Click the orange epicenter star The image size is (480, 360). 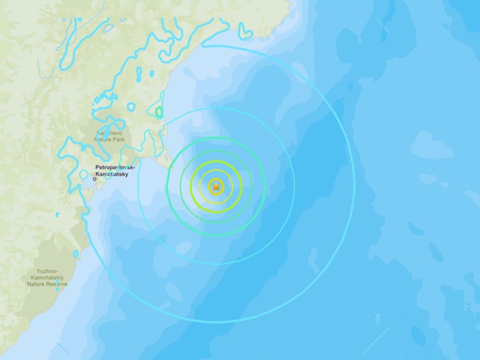(216, 186)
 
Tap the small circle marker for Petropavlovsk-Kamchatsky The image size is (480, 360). (95, 179)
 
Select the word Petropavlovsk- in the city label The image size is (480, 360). (115, 168)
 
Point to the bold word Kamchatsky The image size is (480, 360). (112, 174)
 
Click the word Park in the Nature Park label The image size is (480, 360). (118, 139)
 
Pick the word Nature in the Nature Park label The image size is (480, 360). (103, 139)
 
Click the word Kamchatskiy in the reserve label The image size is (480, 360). (48, 277)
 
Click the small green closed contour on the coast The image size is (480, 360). (159, 112)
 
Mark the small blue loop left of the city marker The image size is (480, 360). (84, 174)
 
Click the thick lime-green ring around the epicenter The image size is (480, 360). (216, 161)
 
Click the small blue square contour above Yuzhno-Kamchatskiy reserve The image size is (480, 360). (76, 254)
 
